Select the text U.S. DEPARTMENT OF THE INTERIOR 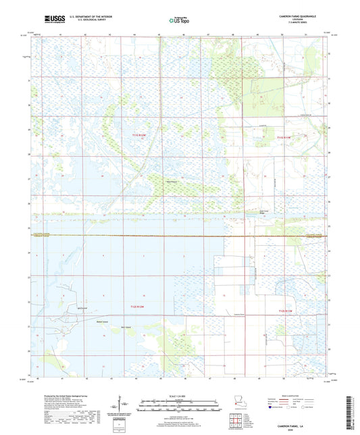(88, 17)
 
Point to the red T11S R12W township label (138, 137)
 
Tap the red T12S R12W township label (138, 307)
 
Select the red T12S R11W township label (286, 310)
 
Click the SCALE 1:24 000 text (180, 396)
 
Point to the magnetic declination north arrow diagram (122, 405)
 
